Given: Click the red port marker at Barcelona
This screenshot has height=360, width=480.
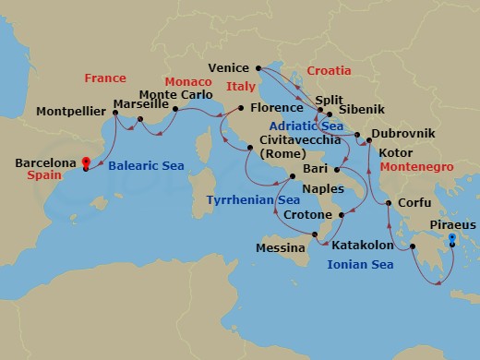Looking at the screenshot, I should click(x=85, y=161).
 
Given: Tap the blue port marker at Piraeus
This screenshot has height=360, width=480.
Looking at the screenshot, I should click(x=451, y=239).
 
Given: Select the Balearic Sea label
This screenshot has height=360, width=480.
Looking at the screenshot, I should click(x=146, y=166).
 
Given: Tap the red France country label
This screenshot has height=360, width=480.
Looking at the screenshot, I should click(x=104, y=78).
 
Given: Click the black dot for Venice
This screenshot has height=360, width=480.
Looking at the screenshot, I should click(x=258, y=66).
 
